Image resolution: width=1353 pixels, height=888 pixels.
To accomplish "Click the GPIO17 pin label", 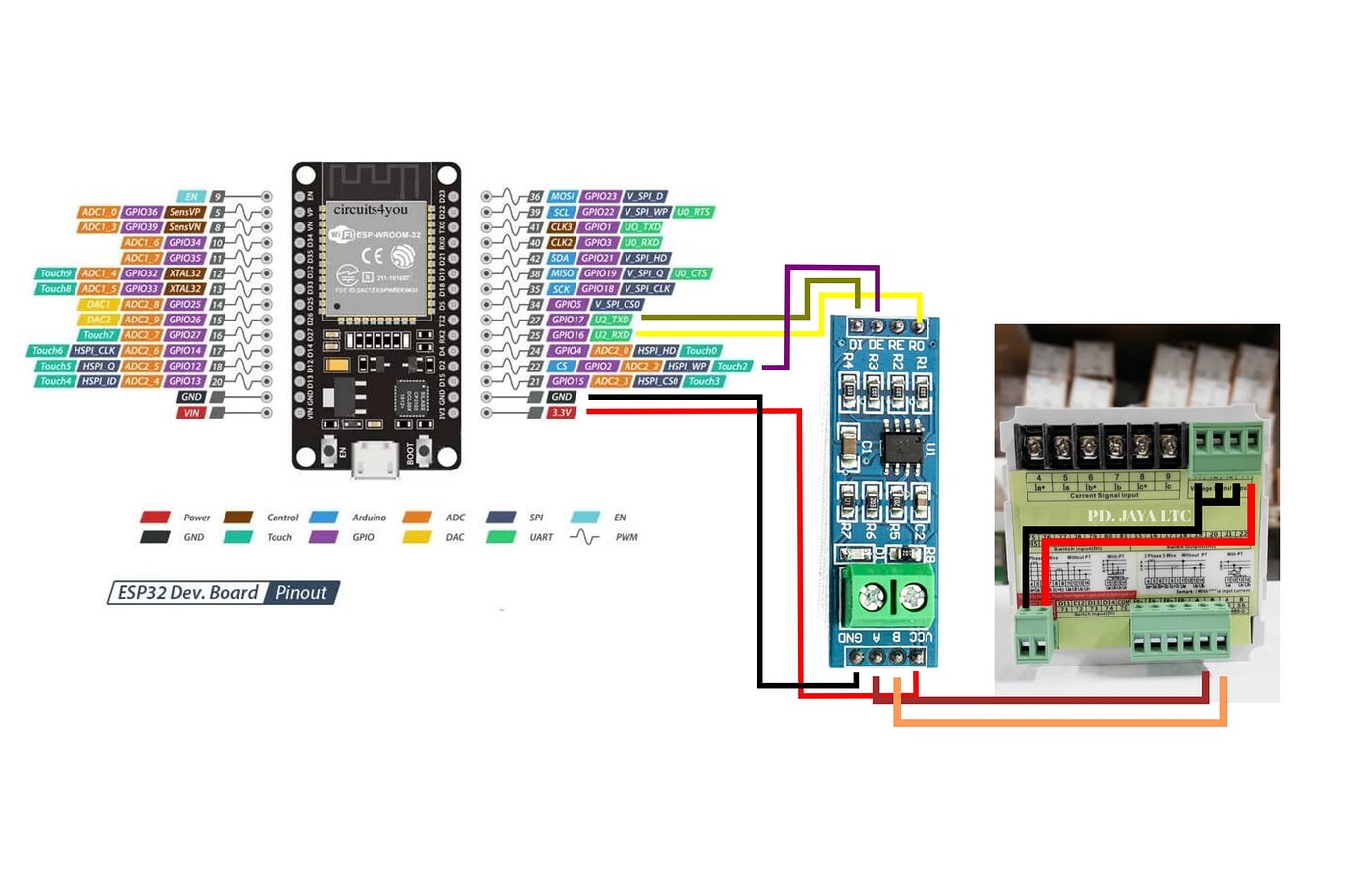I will (x=568, y=320).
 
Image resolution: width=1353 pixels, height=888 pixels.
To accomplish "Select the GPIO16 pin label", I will (x=568, y=335).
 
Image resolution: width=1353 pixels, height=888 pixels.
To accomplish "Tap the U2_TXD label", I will (x=612, y=320).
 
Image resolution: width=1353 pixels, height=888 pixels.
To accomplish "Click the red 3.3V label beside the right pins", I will (x=561, y=413).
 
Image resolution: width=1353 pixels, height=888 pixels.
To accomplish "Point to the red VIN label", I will (x=191, y=413).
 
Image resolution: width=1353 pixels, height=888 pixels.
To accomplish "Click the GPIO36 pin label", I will (x=141, y=212).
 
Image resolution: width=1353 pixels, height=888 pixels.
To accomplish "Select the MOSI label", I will (x=562, y=196).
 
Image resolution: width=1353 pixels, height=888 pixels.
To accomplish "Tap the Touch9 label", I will (x=55, y=273).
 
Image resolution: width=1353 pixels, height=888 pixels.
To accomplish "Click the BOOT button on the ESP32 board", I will (x=425, y=450).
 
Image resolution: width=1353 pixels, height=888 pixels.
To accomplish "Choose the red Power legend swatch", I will (x=155, y=517).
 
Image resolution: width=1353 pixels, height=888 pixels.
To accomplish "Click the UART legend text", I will (x=541, y=537).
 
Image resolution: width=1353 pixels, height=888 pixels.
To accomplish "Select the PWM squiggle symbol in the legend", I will (x=584, y=537).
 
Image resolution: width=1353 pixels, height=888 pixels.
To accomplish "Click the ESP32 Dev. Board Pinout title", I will (x=224, y=592).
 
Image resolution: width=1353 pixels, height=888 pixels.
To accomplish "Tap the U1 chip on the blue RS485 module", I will (x=902, y=447).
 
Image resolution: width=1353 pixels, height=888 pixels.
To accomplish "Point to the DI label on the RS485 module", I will (x=855, y=345).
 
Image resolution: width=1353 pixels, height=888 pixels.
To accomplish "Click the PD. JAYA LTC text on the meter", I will (x=1136, y=516).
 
